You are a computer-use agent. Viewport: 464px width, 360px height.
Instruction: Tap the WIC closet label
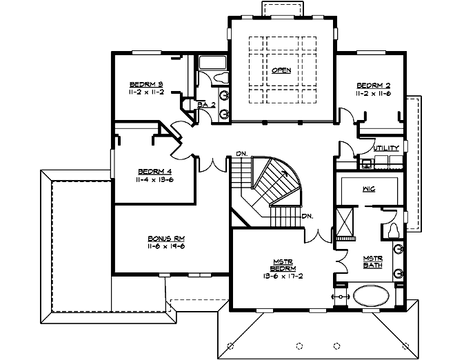coord(367,189)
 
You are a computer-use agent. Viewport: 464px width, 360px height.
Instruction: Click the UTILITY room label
coord(386,148)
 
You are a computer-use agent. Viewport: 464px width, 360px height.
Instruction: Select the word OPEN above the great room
coord(281,70)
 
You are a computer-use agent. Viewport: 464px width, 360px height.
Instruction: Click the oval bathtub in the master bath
coord(372,297)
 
